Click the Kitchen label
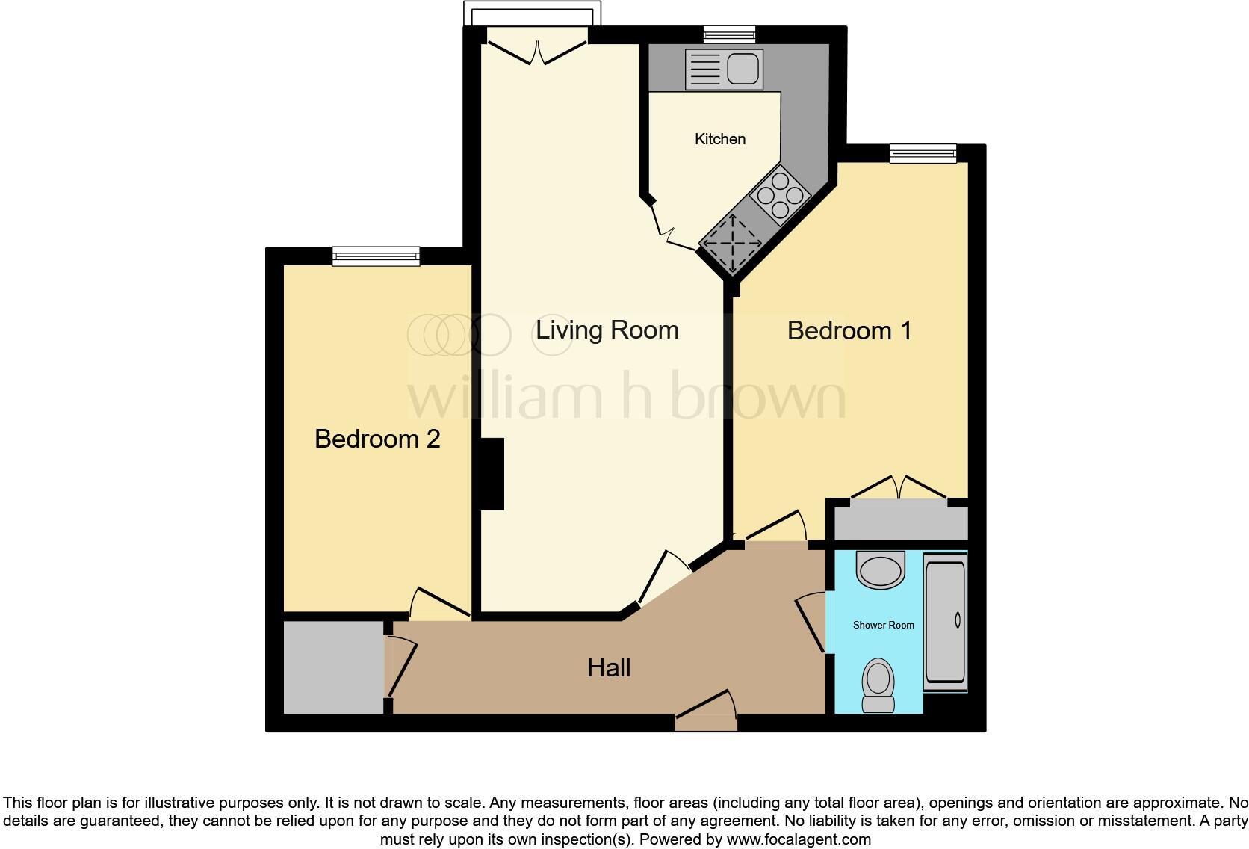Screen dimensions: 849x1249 point(719,139)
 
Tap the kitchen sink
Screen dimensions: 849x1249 point(723,69)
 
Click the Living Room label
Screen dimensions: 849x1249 point(607,330)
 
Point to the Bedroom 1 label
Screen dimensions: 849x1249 point(849,330)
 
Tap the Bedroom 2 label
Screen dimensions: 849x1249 point(377,439)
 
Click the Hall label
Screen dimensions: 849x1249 point(609,667)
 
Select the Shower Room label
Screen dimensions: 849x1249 point(883,625)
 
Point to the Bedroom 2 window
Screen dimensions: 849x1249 point(376,256)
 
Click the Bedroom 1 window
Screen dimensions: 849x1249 point(923,153)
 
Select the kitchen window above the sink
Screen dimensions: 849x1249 point(729,34)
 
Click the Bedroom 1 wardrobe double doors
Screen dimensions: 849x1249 point(899,489)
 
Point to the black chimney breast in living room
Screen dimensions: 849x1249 point(492,475)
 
